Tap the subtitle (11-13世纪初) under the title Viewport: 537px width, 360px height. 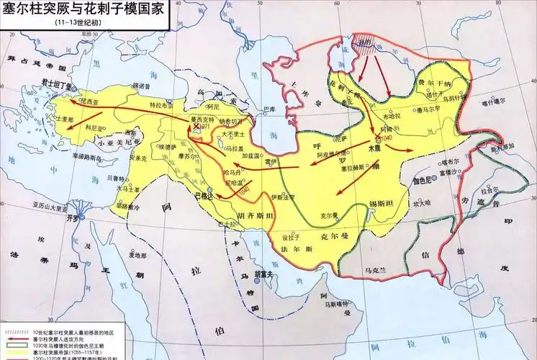click(x=75, y=22)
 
